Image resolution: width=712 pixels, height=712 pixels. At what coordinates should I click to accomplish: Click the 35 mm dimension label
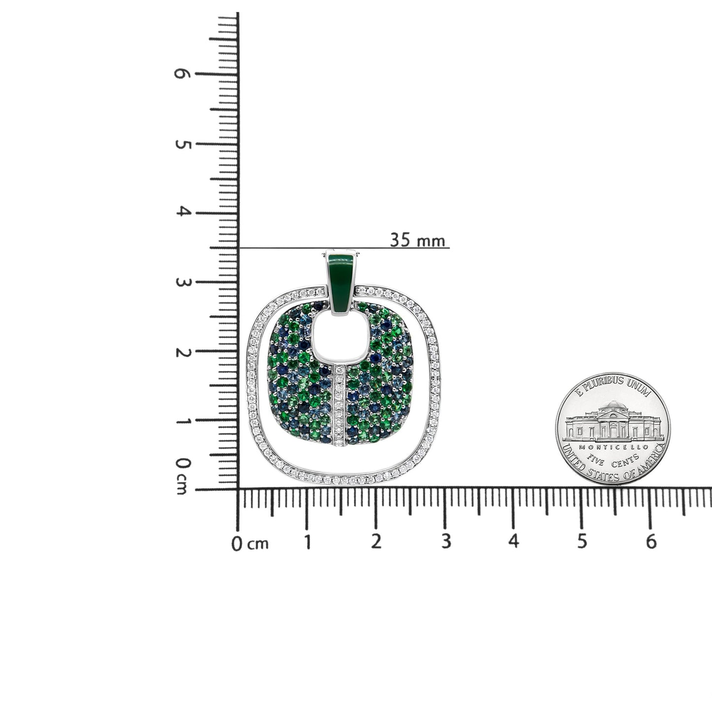click(x=417, y=240)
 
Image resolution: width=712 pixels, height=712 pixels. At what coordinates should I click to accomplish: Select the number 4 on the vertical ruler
click(x=182, y=211)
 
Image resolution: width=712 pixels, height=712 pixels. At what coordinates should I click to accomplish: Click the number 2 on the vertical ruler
click(x=182, y=353)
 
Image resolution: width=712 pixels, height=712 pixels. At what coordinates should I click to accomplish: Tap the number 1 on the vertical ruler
click(x=182, y=422)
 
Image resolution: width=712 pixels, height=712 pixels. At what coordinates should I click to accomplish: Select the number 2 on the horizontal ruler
click(x=376, y=542)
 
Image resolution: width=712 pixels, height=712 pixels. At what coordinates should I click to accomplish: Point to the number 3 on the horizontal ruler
click(x=446, y=542)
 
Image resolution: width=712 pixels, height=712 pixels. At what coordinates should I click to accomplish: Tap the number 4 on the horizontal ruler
click(x=514, y=541)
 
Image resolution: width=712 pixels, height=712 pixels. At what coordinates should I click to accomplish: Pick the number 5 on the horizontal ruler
click(x=582, y=542)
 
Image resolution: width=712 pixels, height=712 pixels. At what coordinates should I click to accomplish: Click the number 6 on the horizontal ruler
click(x=651, y=542)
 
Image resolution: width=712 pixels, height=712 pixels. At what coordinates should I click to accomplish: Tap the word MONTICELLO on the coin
click(x=613, y=446)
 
